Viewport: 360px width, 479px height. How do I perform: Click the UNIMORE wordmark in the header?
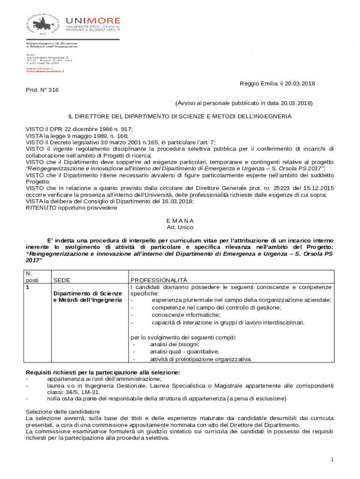(93, 21)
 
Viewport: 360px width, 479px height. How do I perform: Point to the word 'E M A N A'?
(180, 220)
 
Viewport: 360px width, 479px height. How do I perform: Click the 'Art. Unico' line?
(180, 227)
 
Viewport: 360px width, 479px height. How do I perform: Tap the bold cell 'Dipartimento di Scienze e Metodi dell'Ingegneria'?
(87, 297)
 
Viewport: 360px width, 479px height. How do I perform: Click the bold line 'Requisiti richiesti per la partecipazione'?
(103, 372)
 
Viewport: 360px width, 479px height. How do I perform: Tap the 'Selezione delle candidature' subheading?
(63, 412)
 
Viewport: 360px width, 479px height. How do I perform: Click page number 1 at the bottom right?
(332, 460)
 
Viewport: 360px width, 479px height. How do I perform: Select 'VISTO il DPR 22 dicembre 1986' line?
(79, 129)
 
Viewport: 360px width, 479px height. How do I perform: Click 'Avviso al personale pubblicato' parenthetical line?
(244, 102)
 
